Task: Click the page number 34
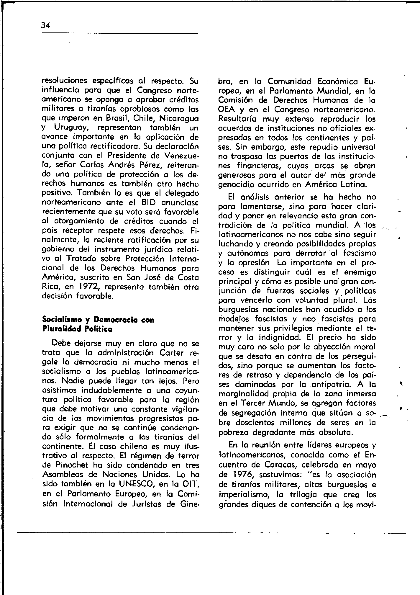(46, 25)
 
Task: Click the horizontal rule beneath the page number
(120, 34)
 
